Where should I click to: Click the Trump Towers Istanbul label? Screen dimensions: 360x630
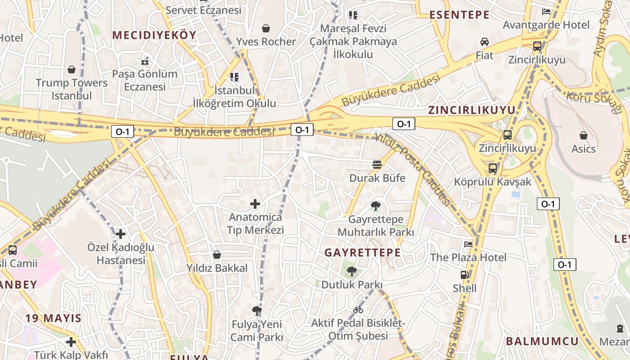(x=72, y=89)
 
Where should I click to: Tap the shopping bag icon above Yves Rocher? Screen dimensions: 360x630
(x=266, y=28)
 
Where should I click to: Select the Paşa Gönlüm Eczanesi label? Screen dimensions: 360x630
(x=145, y=80)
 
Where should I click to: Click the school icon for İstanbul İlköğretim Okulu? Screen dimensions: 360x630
(x=234, y=77)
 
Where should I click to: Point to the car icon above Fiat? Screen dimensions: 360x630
(x=485, y=42)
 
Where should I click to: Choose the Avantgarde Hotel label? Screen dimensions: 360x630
(x=546, y=25)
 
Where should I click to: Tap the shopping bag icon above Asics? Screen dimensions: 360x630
(x=584, y=135)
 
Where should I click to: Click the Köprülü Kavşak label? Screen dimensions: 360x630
(x=492, y=182)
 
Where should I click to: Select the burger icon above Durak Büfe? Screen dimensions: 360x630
(x=377, y=165)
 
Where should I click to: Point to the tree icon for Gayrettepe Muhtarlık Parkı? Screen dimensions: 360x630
(x=375, y=206)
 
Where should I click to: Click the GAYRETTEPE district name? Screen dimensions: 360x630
(x=363, y=252)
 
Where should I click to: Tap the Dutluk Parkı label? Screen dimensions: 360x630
(x=351, y=285)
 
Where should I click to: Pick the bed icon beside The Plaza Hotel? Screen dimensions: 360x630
(x=468, y=244)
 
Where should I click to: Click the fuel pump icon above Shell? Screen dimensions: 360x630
(x=464, y=274)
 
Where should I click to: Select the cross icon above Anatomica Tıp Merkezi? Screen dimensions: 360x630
(x=255, y=204)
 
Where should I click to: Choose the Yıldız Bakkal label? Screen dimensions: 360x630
(x=217, y=268)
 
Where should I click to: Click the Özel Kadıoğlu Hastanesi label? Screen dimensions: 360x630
(x=121, y=254)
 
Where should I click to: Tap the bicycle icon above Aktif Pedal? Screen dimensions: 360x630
(x=358, y=310)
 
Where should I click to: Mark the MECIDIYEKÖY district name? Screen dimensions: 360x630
(x=154, y=35)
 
